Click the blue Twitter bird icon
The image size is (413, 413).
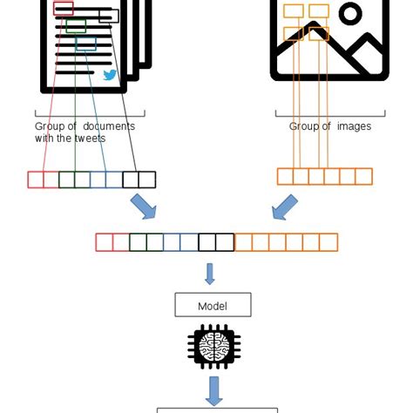(110, 75)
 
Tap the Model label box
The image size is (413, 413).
(213, 305)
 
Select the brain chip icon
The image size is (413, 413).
(213, 346)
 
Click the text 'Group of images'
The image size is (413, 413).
(330, 126)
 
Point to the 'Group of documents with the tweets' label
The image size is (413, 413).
(85, 132)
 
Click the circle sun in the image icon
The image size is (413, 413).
(350, 13)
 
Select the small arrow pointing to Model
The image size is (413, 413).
(209, 274)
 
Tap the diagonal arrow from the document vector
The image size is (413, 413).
(143, 207)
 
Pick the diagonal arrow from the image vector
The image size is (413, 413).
(284, 207)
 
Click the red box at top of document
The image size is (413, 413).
(63, 9)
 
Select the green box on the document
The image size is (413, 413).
(76, 25)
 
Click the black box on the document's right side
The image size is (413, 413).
(109, 16)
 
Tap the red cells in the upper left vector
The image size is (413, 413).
(43, 179)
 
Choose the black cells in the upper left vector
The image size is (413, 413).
(139, 179)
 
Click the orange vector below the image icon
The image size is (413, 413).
(324, 177)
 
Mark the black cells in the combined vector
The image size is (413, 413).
(216, 242)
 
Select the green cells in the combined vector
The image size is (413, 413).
(146, 242)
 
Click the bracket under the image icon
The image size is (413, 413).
(329, 112)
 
